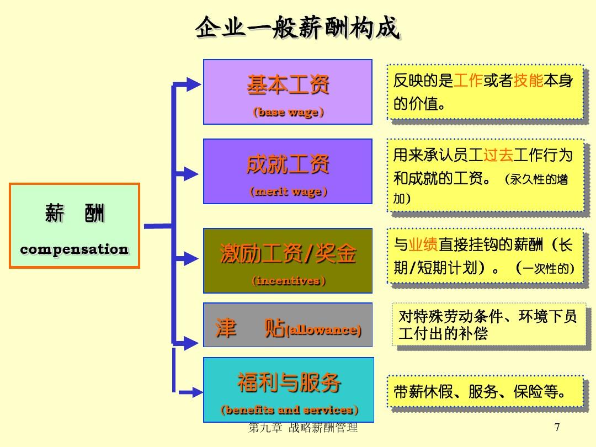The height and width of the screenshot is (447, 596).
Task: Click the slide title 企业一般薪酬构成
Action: point(297,28)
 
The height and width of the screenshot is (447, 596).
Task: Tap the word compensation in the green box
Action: point(74,249)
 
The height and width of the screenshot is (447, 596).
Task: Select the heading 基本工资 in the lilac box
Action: point(288,84)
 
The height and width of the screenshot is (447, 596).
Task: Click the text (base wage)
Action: point(288,112)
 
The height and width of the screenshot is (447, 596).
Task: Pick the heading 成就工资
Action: point(288,164)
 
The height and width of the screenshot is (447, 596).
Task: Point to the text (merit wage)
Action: point(288,191)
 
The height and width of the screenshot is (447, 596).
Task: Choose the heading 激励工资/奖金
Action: point(288,253)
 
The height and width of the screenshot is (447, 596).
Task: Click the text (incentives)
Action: point(288,280)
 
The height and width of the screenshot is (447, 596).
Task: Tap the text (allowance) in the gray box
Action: point(323,329)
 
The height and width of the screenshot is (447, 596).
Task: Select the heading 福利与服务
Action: point(289,382)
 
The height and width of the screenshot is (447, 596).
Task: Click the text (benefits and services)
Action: point(289,409)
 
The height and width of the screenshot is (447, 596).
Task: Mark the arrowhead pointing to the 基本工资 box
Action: point(194,84)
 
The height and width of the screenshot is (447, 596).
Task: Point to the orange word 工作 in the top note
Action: point(468,81)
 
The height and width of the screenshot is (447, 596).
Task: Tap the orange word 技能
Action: point(528,81)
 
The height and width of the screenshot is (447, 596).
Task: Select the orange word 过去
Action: point(498,155)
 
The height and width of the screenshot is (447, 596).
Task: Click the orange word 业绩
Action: point(423,244)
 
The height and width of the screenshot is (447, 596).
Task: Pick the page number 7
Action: point(557,427)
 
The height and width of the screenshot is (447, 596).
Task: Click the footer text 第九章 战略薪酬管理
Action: point(303,428)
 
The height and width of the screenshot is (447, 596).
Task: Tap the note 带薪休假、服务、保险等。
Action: point(479,391)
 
